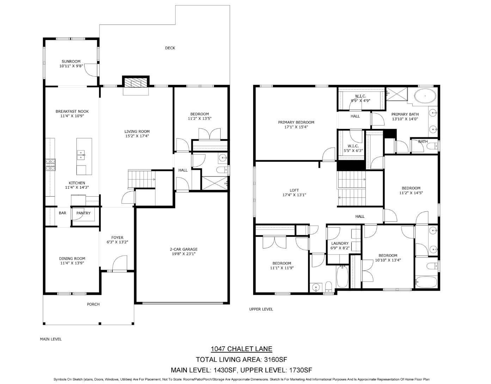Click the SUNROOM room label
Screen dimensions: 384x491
tap(71, 61)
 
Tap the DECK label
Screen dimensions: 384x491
tap(170, 48)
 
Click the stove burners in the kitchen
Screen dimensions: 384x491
tap(50, 165)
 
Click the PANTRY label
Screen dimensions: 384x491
tap(84, 213)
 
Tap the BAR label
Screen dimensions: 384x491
tap(62, 213)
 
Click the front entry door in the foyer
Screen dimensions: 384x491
tap(120, 264)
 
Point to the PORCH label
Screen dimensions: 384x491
tap(93, 304)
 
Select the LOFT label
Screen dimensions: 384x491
tap(294, 190)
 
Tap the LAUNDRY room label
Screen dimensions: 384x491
tap(340, 243)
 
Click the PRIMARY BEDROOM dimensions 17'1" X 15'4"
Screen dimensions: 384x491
tap(296, 127)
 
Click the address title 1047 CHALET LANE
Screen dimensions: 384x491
tap(241, 349)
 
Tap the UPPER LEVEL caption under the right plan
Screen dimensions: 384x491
tap(261, 309)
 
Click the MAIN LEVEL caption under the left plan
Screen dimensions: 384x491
tap(51, 339)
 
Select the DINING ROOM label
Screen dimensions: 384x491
tap(72, 259)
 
